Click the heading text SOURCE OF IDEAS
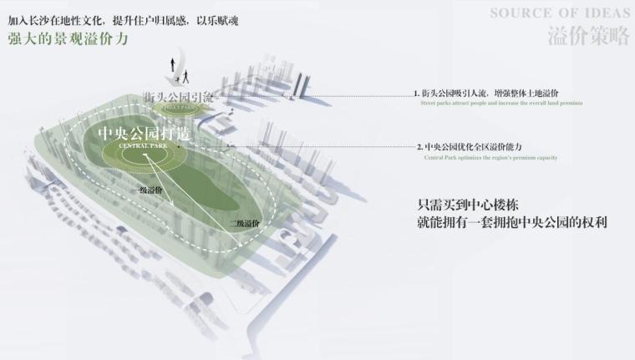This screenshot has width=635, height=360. coord(558,13)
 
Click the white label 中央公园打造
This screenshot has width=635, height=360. coord(144,134)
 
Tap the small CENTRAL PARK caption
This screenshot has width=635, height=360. coord(144,147)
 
